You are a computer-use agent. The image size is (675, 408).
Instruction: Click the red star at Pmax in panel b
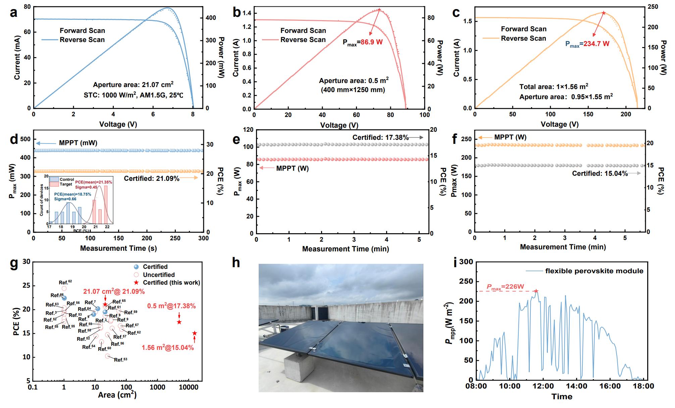tap(379, 10)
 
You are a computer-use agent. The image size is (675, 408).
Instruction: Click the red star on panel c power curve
tap(604, 13)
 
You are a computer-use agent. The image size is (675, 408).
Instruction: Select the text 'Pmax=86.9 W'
tap(362, 43)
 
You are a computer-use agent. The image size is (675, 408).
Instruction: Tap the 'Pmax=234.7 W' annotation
tap(587, 44)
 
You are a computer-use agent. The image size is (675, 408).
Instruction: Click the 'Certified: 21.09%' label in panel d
tap(152, 178)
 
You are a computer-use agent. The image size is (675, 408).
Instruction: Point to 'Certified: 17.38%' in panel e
tap(380, 137)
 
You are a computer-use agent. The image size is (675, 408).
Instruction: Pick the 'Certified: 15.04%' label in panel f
tap(600, 173)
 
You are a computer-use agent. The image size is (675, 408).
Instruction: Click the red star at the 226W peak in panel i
tap(536, 291)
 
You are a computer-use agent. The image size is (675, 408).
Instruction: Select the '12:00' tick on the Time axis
tap(543, 386)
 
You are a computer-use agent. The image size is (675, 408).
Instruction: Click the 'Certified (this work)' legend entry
tap(171, 282)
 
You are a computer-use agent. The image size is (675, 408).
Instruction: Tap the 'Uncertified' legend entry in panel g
tap(159, 275)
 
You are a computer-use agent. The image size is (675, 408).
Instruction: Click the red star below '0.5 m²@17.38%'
tap(179, 322)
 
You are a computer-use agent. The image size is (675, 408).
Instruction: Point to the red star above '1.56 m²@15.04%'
tap(195, 333)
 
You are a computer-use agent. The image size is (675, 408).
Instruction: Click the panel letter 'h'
tap(236, 263)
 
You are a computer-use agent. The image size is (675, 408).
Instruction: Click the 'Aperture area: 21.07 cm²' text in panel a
tap(133, 84)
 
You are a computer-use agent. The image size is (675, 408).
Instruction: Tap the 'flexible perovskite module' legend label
tap(594, 271)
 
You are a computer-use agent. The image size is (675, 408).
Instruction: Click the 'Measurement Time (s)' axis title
tap(118, 248)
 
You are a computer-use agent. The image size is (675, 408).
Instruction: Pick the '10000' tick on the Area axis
tap(189, 387)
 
